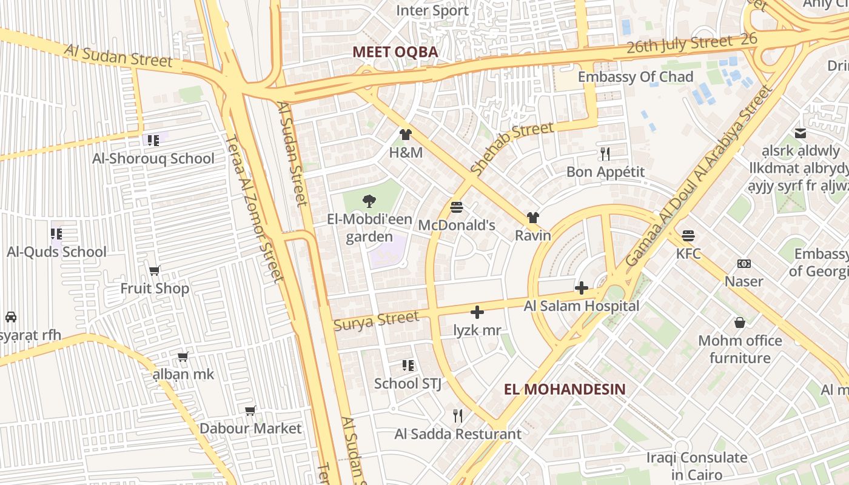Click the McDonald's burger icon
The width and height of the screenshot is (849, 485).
tap(457, 208)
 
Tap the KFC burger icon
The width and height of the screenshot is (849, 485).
tap(688, 235)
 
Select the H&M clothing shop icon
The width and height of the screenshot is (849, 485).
tap(406, 135)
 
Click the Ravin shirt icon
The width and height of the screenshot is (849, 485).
tap(532, 218)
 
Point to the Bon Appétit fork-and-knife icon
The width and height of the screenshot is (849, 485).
tap(605, 153)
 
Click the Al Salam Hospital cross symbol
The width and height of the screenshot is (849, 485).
tap(581, 288)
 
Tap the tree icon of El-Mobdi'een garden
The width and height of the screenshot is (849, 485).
tap(369, 201)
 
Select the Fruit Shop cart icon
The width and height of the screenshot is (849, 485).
tap(155, 270)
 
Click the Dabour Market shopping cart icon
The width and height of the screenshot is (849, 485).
tap(250, 411)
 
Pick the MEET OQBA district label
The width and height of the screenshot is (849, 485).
tap(395, 52)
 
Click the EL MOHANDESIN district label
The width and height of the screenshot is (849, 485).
tap(565, 389)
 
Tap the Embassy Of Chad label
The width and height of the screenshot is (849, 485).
tap(635, 77)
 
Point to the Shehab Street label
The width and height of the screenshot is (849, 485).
tap(512, 149)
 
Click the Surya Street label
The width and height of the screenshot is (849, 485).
tap(376, 320)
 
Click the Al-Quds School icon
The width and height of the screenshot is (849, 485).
tap(56, 233)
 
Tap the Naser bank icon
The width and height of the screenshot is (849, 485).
tap(744, 264)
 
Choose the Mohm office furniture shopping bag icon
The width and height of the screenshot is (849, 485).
tap(739, 323)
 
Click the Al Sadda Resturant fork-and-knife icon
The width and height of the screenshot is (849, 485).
tap(458, 416)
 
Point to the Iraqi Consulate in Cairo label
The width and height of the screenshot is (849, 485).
tap(696, 466)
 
